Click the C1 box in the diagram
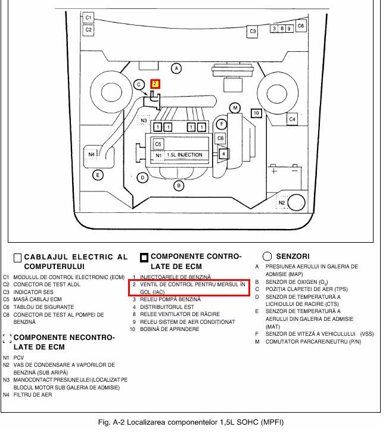[88, 18]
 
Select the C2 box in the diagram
[88, 29]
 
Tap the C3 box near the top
[252, 31]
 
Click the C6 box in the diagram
[301, 26]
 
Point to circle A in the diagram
[176, 69]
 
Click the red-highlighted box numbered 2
[155, 84]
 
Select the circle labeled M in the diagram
[235, 108]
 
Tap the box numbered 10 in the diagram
[256, 113]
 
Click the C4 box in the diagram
[292, 119]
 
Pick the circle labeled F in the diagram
[221, 124]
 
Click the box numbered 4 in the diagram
[223, 153]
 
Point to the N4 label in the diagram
[92, 154]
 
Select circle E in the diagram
[98, 175]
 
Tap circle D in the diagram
[142, 177]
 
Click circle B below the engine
[178, 185]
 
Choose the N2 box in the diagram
[283, 203]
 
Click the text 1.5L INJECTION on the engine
[185, 155]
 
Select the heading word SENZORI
[294, 256]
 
